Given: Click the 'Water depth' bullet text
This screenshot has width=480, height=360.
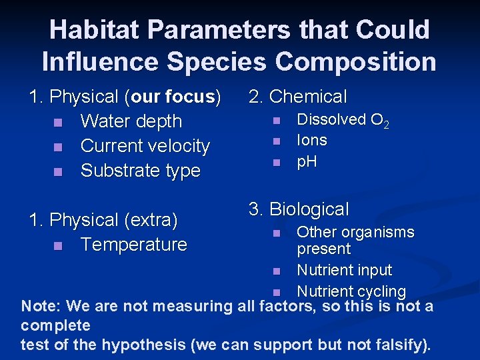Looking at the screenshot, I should tap(131, 121).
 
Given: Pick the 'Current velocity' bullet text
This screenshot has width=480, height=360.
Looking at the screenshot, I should tap(145, 146).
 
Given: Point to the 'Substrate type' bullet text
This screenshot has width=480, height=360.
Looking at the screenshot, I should tap(140, 171).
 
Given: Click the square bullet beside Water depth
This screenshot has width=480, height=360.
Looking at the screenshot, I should tap(58, 123).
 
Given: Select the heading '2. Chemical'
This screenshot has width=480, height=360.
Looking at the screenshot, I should tap(297, 97).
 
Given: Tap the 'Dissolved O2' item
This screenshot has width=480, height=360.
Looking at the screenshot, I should tap(343, 120).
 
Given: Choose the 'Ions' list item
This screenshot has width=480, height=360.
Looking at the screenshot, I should tap(311, 140).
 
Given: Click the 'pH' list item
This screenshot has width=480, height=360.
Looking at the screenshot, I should tap(307, 161).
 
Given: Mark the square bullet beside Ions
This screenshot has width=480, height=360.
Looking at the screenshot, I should tap(275, 141).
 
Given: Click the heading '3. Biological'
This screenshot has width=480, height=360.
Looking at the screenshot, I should tap(299, 209).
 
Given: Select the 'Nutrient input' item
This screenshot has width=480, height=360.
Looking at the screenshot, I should tap(344, 271).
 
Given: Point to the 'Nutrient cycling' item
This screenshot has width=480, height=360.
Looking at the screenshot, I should tap(351, 291).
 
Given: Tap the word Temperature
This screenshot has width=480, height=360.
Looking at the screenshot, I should tap(133, 245).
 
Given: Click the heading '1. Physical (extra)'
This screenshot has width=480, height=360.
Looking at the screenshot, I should tap(103, 219).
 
